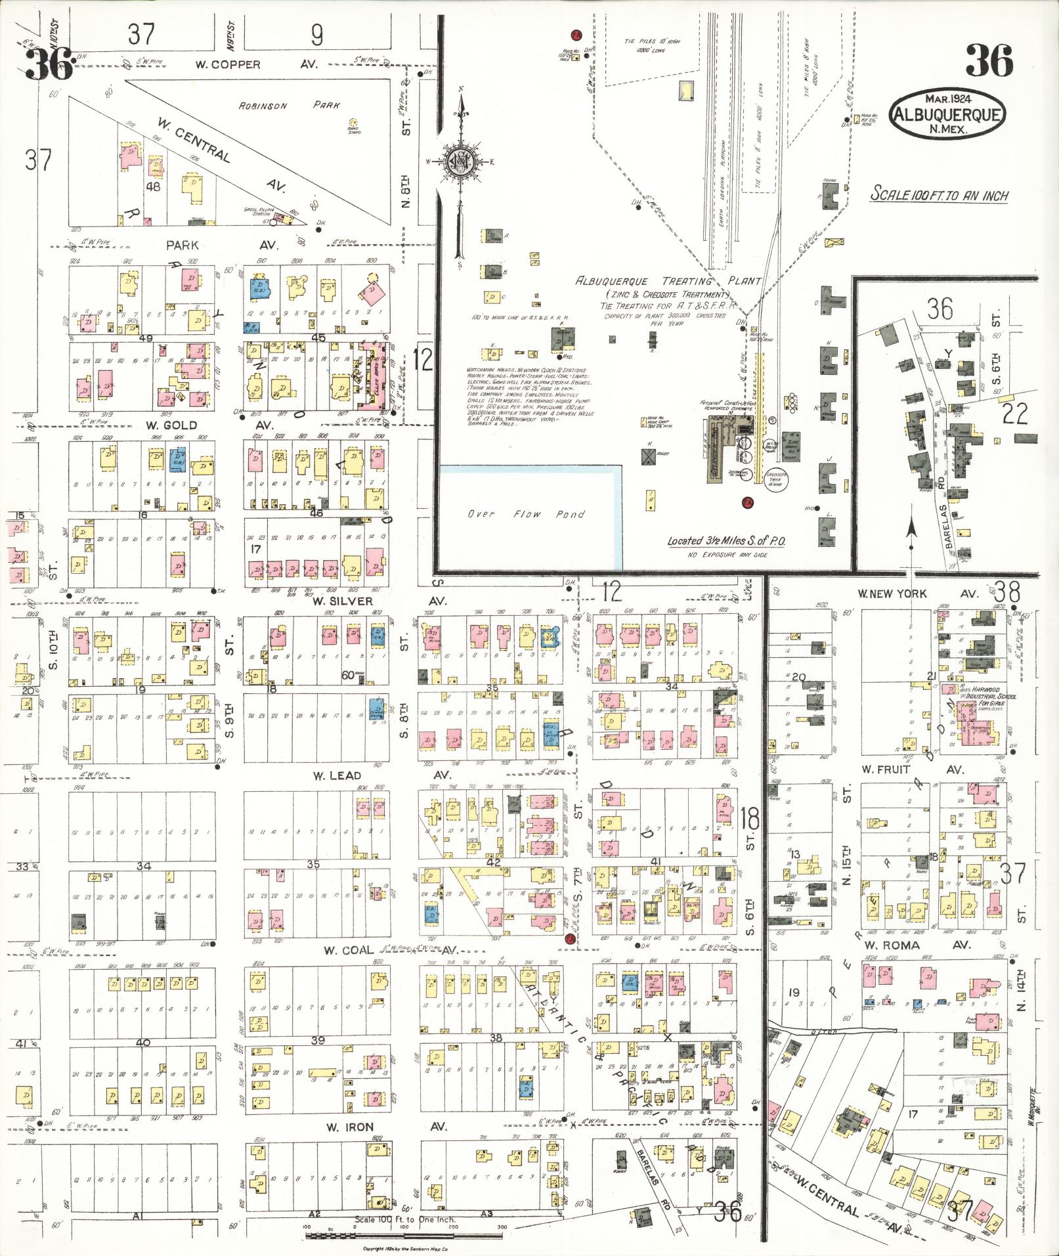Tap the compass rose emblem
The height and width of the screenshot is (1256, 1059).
462,161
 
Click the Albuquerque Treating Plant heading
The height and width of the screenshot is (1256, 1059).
668,281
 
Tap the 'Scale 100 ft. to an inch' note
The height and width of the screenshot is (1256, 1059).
939,195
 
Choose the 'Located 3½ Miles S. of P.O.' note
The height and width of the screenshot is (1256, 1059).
727,541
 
